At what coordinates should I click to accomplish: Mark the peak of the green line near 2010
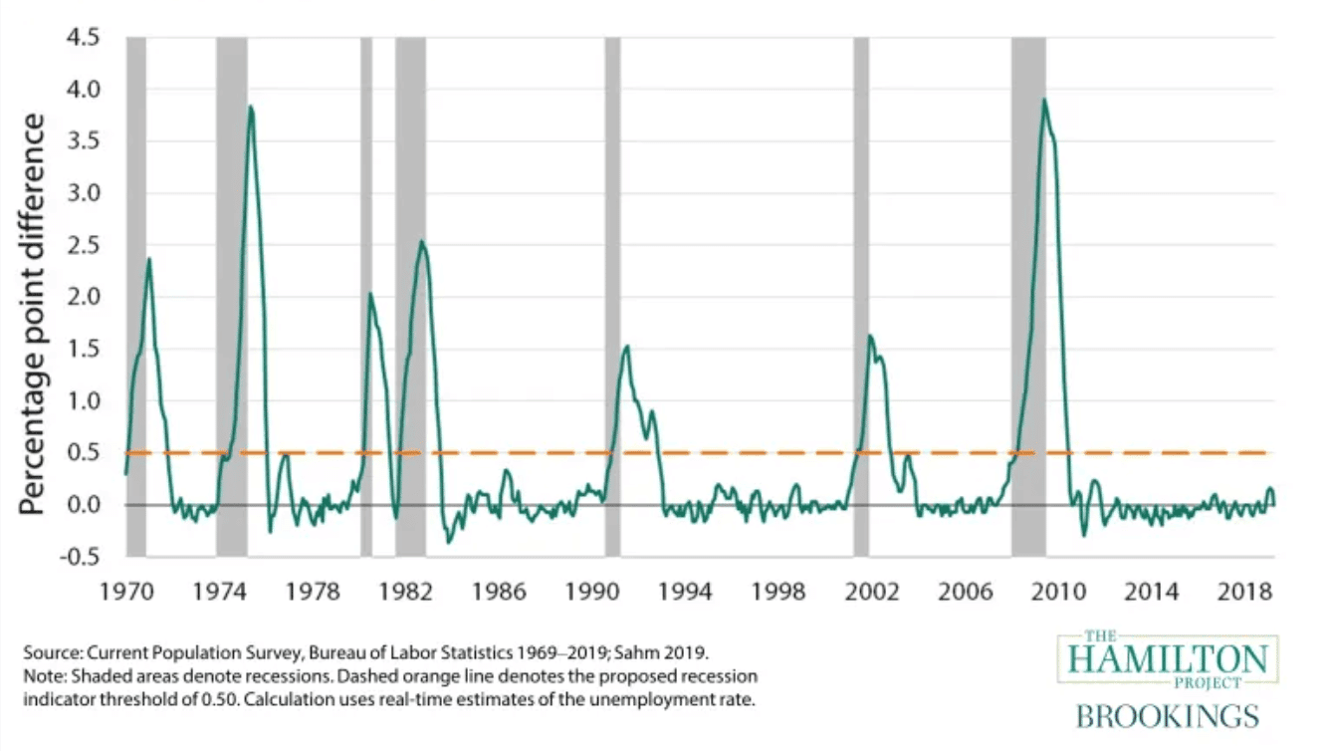(x=1043, y=100)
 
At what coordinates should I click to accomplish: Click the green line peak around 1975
(x=251, y=107)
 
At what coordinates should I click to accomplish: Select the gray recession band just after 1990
(x=612, y=299)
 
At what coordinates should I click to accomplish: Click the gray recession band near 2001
(x=860, y=299)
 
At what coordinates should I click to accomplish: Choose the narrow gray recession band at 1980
(x=366, y=299)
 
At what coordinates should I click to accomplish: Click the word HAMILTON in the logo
(x=1168, y=659)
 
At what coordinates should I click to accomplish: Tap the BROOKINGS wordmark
(x=1168, y=715)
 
